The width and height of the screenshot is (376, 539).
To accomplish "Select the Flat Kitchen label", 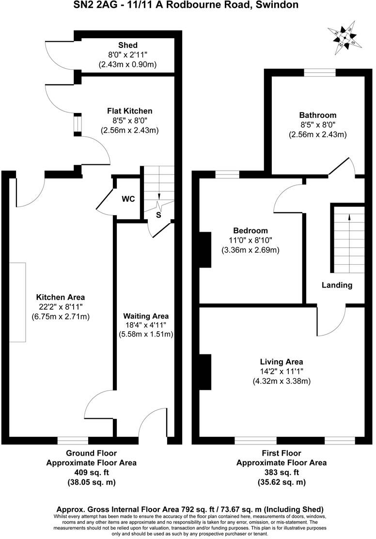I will tap(129, 111).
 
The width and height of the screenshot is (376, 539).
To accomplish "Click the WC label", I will tap(128, 199).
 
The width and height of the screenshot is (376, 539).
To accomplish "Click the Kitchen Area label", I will tap(61, 297).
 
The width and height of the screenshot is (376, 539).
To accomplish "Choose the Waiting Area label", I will tap(146, 316).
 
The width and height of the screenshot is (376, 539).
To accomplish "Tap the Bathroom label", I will tap(317, 115).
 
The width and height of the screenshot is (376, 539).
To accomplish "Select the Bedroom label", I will tap(250, 230).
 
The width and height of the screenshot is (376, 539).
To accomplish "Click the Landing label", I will tap(337, 285).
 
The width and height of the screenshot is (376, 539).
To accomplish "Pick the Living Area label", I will tap(282, 362).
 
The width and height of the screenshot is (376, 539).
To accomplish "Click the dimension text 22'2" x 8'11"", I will tap(61, 307).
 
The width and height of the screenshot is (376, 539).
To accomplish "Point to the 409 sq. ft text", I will tap(91, 473).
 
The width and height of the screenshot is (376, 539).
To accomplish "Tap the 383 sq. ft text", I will tap(282, 473).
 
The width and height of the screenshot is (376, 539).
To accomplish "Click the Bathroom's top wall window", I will tap(320, 73).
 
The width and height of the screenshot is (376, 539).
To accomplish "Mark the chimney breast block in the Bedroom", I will tap(205, 250).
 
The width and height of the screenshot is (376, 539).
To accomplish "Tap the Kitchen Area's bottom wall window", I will tap(73, 440).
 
